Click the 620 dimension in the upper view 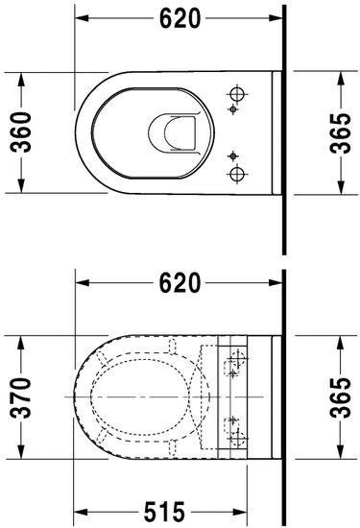[180, 17]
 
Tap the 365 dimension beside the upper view [341, 132]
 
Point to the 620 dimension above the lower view [180, 283]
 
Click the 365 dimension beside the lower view [341, 396]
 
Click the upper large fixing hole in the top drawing [235, 94]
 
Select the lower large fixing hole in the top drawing [235, 173]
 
